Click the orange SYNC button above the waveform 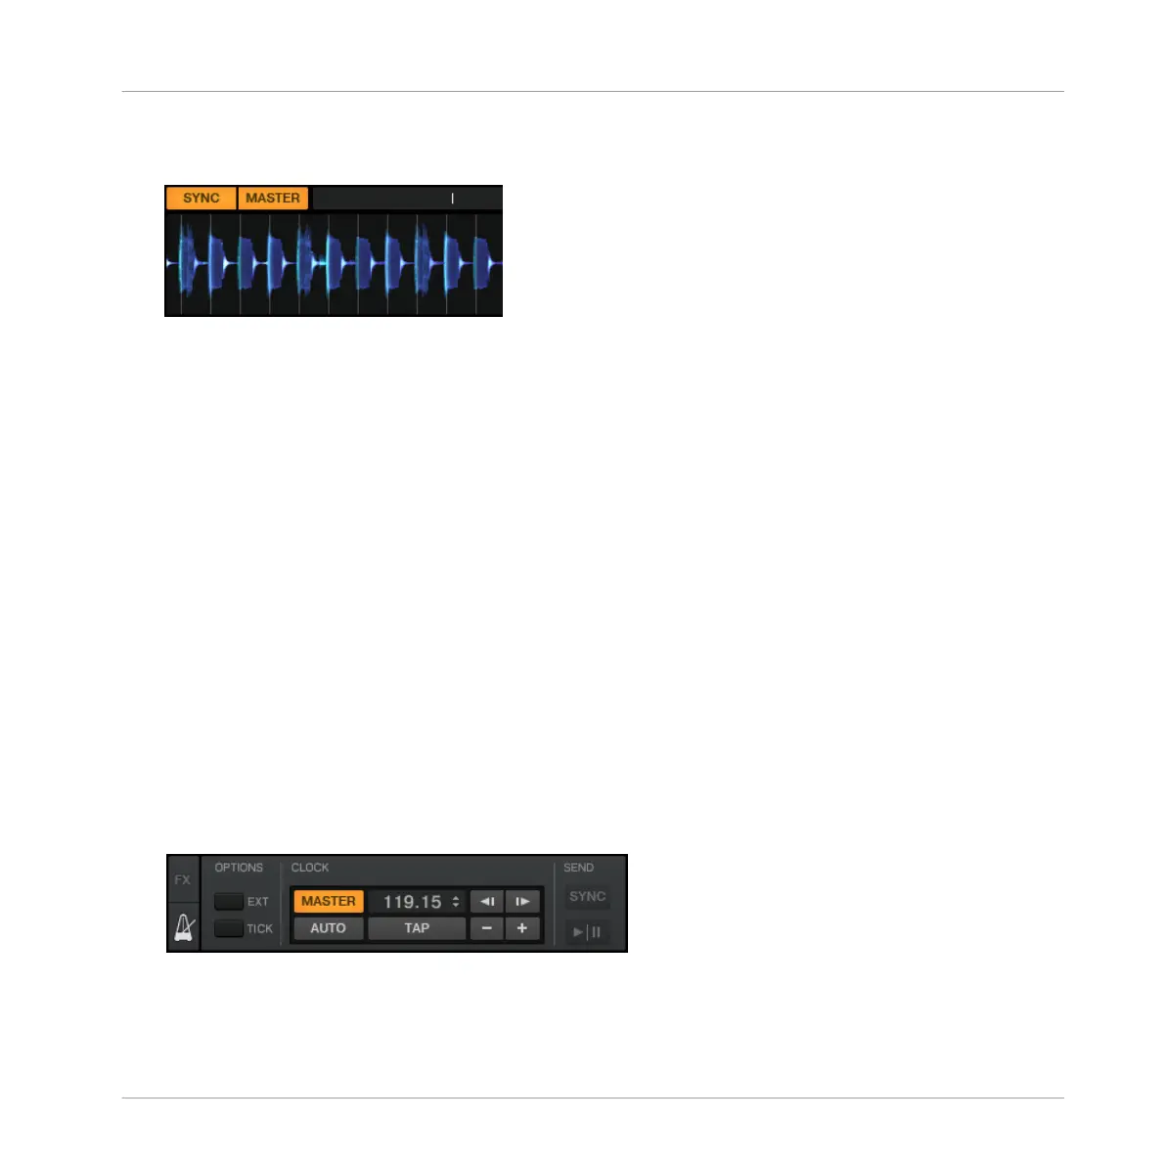(x=202, y=199)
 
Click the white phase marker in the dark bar (x=452, y=199)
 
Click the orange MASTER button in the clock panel (x=329, y=901)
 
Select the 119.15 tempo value (x=412, y=902)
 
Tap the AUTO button (x=329, y=928)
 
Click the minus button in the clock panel (x=486, y=928)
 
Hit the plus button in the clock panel (x=522, y=928)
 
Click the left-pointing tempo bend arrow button (x=486, y=901)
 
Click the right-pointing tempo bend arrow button (x=522, y=901)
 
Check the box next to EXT (x=229, y=902)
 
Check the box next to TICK (x=229, y=928)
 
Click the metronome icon (x=184, y=926)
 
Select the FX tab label (x=183, y=880)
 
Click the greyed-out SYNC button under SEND (x=588, y=896)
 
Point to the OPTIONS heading (x=239, y=868)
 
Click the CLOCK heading (x=310, y=868)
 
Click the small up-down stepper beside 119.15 (x=456, y=902)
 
